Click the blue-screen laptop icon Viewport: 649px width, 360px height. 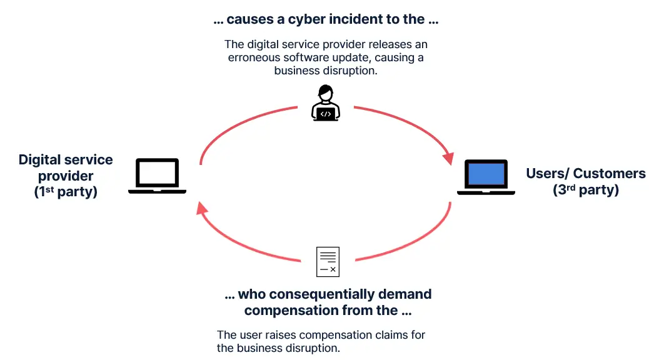(x=486, y=177)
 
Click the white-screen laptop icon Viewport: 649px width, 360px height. (x=157, y=176)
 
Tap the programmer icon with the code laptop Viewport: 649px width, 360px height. (x=325, y=104)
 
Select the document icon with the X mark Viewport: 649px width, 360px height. (x=328, y=262)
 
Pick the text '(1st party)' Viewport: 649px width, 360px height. (x=66, y=192)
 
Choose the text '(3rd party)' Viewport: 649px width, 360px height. (x=586, y=190)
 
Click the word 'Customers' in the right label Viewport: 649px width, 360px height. (x=609, y=173)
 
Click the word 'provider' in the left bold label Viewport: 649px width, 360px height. (x=66, y=176)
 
